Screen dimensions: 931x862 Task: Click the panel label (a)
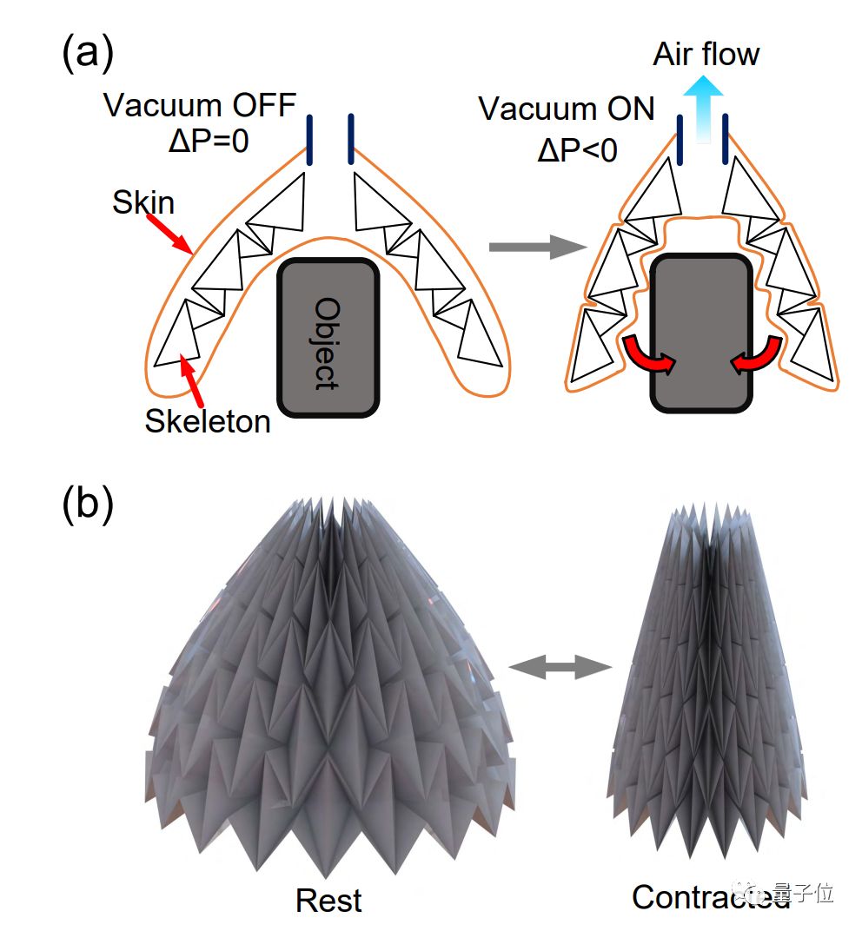point(88,54)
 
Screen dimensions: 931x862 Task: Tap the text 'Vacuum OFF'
point(200,106)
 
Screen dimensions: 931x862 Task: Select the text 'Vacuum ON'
point(567,109)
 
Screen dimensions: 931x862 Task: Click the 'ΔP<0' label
point(577,149)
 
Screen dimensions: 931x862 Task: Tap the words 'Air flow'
point(706,56)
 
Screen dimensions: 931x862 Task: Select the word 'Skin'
point(143,203)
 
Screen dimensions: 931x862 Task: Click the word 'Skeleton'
point(208,421)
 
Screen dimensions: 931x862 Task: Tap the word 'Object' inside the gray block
point(326,342)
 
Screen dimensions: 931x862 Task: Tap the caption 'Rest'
point(328,900)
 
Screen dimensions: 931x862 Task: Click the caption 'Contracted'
point(710,896)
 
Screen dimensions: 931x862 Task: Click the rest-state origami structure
point(328,695)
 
